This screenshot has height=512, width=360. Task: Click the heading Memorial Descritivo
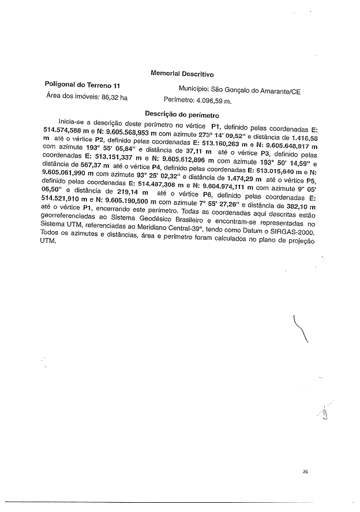pos(182,74)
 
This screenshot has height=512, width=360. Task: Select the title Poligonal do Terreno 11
pos(82,85)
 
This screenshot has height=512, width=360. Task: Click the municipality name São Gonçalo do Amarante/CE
pos(256,91)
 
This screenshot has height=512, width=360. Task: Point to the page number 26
pos(305,472)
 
